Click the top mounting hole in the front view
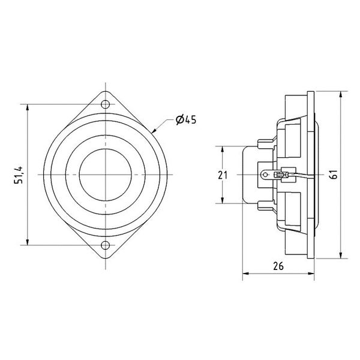pos(106,104)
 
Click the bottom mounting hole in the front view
pos(106,245)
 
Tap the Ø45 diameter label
pos(186,121)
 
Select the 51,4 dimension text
pos(19,174)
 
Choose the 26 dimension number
pos(277,266)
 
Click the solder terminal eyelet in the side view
pos(265,175)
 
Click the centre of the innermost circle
pos(106,175)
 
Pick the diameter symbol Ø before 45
pos(179,121)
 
